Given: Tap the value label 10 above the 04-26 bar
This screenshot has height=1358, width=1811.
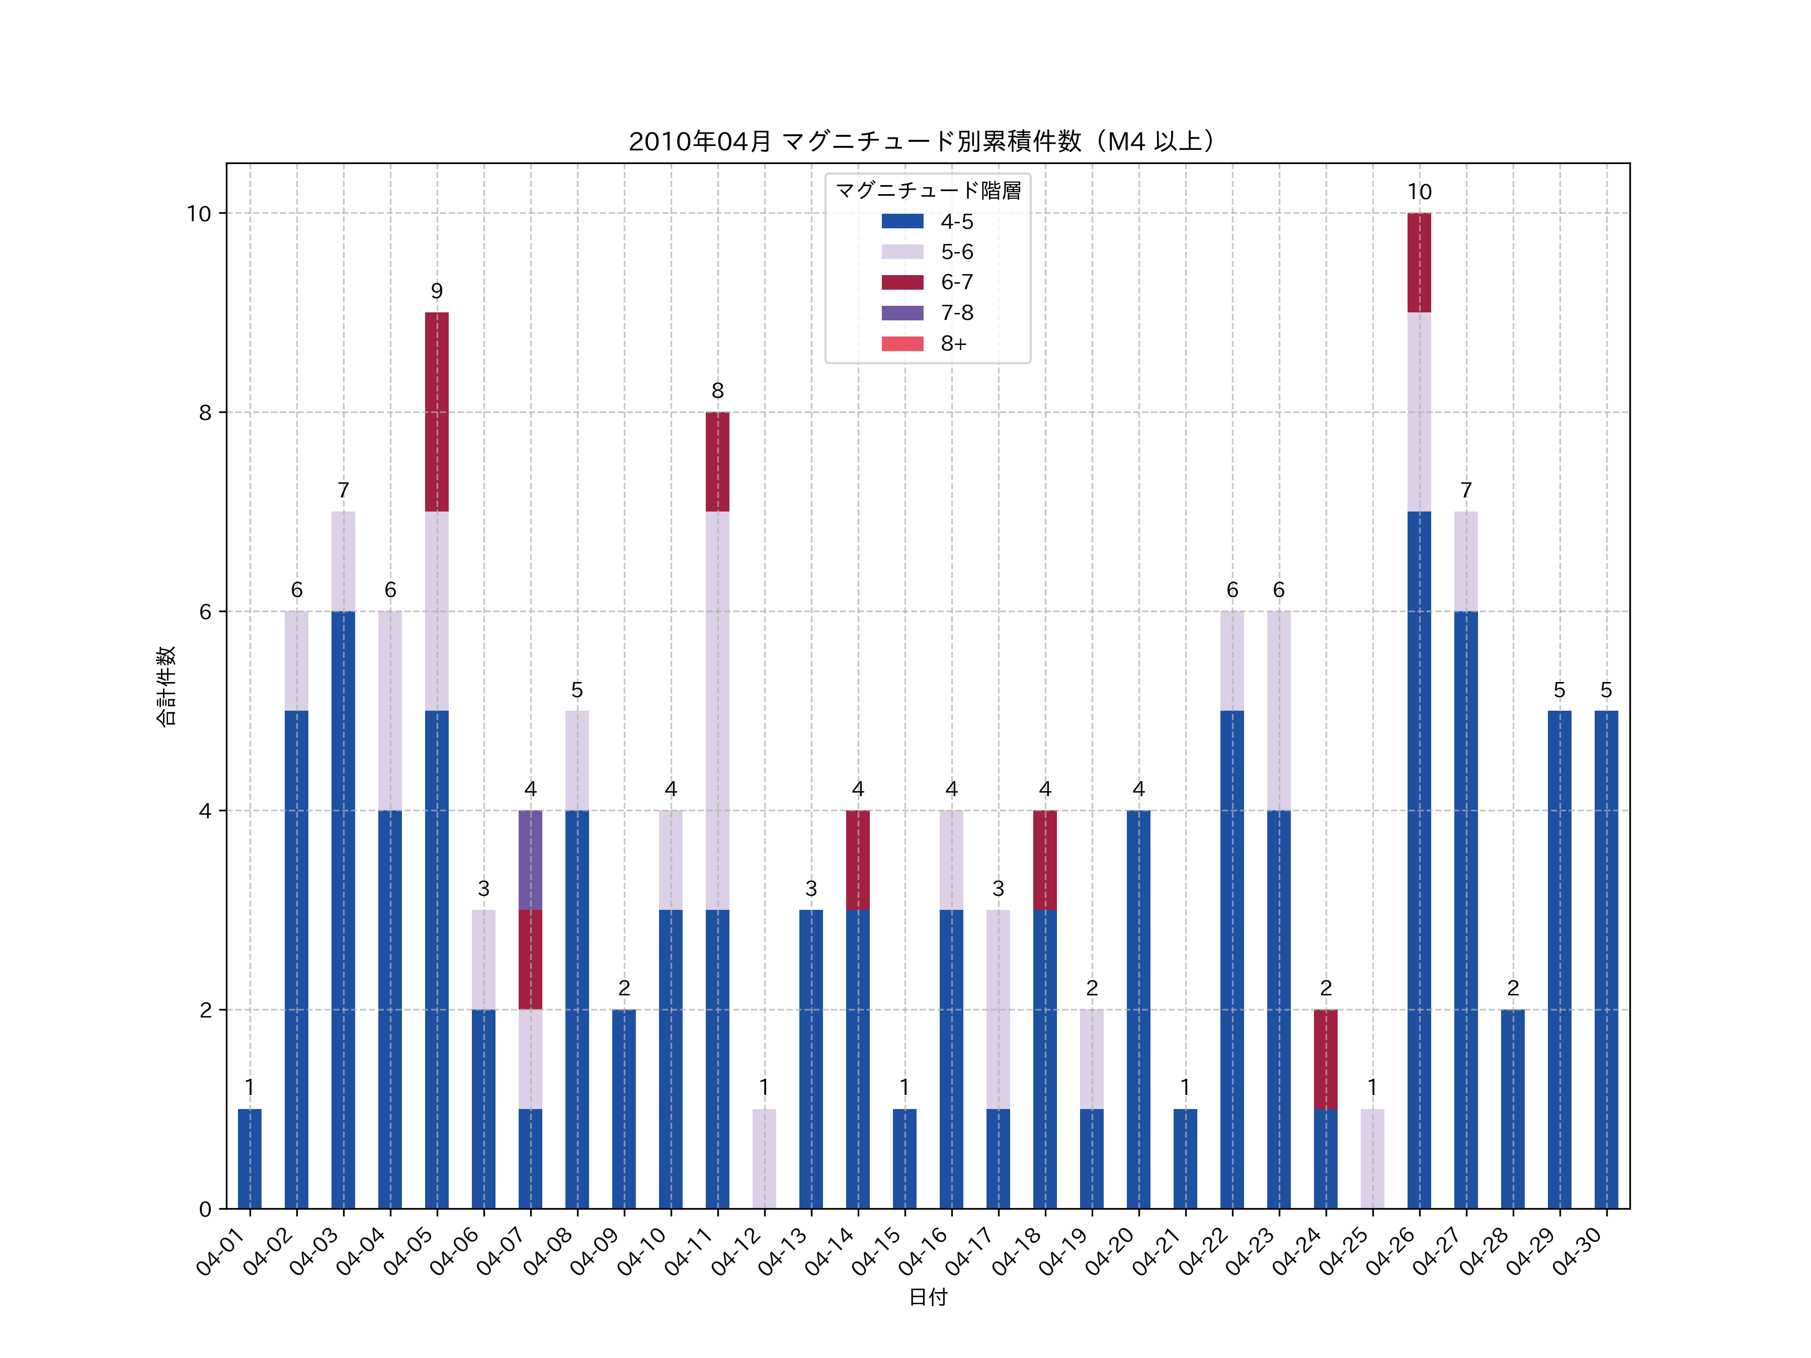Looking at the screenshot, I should (1419, 192).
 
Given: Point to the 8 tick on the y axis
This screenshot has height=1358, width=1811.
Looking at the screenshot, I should (205, 412).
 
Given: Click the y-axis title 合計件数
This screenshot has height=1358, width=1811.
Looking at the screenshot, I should (166, 686).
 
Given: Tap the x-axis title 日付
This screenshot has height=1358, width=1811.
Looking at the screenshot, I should (928, 1297).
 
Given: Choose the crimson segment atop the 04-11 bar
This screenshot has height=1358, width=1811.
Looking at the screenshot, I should (717, 462).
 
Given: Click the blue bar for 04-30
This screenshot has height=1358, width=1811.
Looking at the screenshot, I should (1606, 959).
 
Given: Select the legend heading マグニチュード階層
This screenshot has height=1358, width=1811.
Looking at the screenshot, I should (928, 191).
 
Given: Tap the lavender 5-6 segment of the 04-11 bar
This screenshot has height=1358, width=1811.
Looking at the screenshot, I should (717, 711).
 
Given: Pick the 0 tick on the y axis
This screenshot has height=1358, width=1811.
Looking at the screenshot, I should (205, 1209).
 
